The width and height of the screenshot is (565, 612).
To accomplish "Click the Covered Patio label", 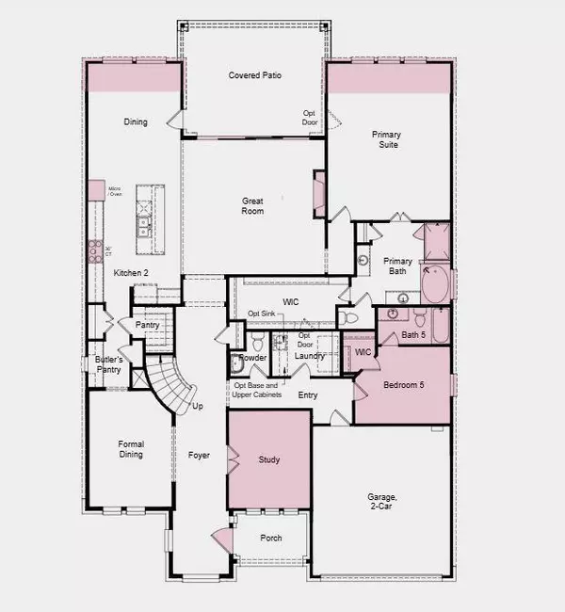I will click(255, 75).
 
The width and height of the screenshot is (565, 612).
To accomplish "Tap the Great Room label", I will click(251, 205).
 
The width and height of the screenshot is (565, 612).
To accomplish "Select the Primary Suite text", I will click(384, 139).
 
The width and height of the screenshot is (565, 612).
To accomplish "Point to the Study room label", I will click(269, 459).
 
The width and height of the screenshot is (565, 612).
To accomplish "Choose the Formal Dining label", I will click(131, 450).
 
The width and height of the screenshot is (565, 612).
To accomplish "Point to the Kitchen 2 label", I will click(132, 273).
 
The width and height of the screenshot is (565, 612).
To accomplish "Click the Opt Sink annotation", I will click(263, 314).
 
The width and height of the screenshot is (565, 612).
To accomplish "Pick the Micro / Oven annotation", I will click(117, 192).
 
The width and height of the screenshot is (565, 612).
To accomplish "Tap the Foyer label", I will click(199, 456).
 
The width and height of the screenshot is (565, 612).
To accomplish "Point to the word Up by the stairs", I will click(198, 407).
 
